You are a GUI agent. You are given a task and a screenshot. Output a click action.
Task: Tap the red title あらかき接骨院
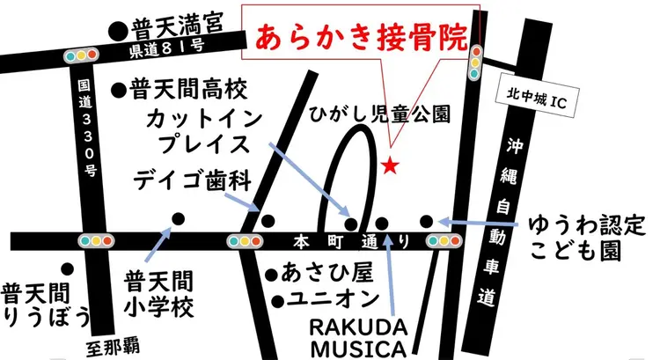pos(361,38)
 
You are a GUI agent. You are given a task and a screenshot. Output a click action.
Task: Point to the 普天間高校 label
pos(190,88)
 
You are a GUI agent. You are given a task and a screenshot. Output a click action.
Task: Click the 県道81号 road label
pos(168,49)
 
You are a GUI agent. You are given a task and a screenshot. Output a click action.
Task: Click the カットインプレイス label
pos(200,130)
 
